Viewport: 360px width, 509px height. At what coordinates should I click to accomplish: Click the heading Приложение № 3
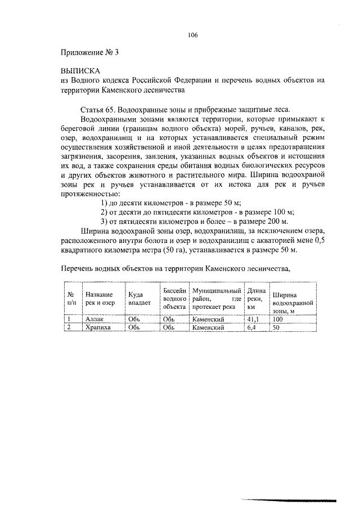(89, 53)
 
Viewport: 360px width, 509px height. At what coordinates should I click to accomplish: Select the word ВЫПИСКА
(80, 71)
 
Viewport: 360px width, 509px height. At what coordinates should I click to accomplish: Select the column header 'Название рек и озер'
(100, 298)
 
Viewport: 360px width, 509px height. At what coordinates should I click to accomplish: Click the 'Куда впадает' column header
(139, 298)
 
